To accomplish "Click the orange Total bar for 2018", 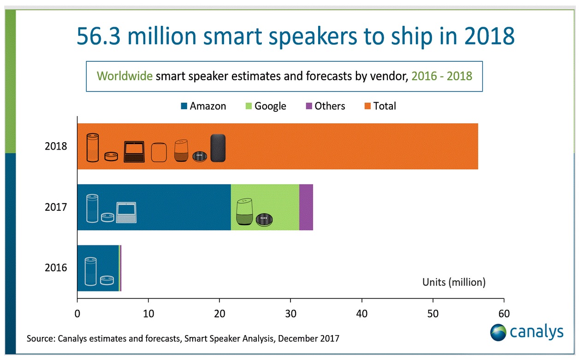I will point(350,146).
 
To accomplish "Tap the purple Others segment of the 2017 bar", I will point(306,207).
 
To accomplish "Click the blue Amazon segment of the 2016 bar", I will point(111,268).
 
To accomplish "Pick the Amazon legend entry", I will point(202,106).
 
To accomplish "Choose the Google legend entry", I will point(265,106).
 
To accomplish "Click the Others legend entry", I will point(325,106).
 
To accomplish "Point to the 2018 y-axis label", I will point(56,147).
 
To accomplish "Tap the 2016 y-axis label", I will point(56,268).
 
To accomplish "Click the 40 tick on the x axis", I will point(362,314).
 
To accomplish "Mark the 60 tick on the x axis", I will point(504,314).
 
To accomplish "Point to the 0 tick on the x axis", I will point(77,314).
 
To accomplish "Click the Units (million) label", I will point(454,282).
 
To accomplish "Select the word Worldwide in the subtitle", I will point(124,76).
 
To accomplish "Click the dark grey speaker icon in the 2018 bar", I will point(218,148).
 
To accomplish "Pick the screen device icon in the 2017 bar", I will point(127,213).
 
